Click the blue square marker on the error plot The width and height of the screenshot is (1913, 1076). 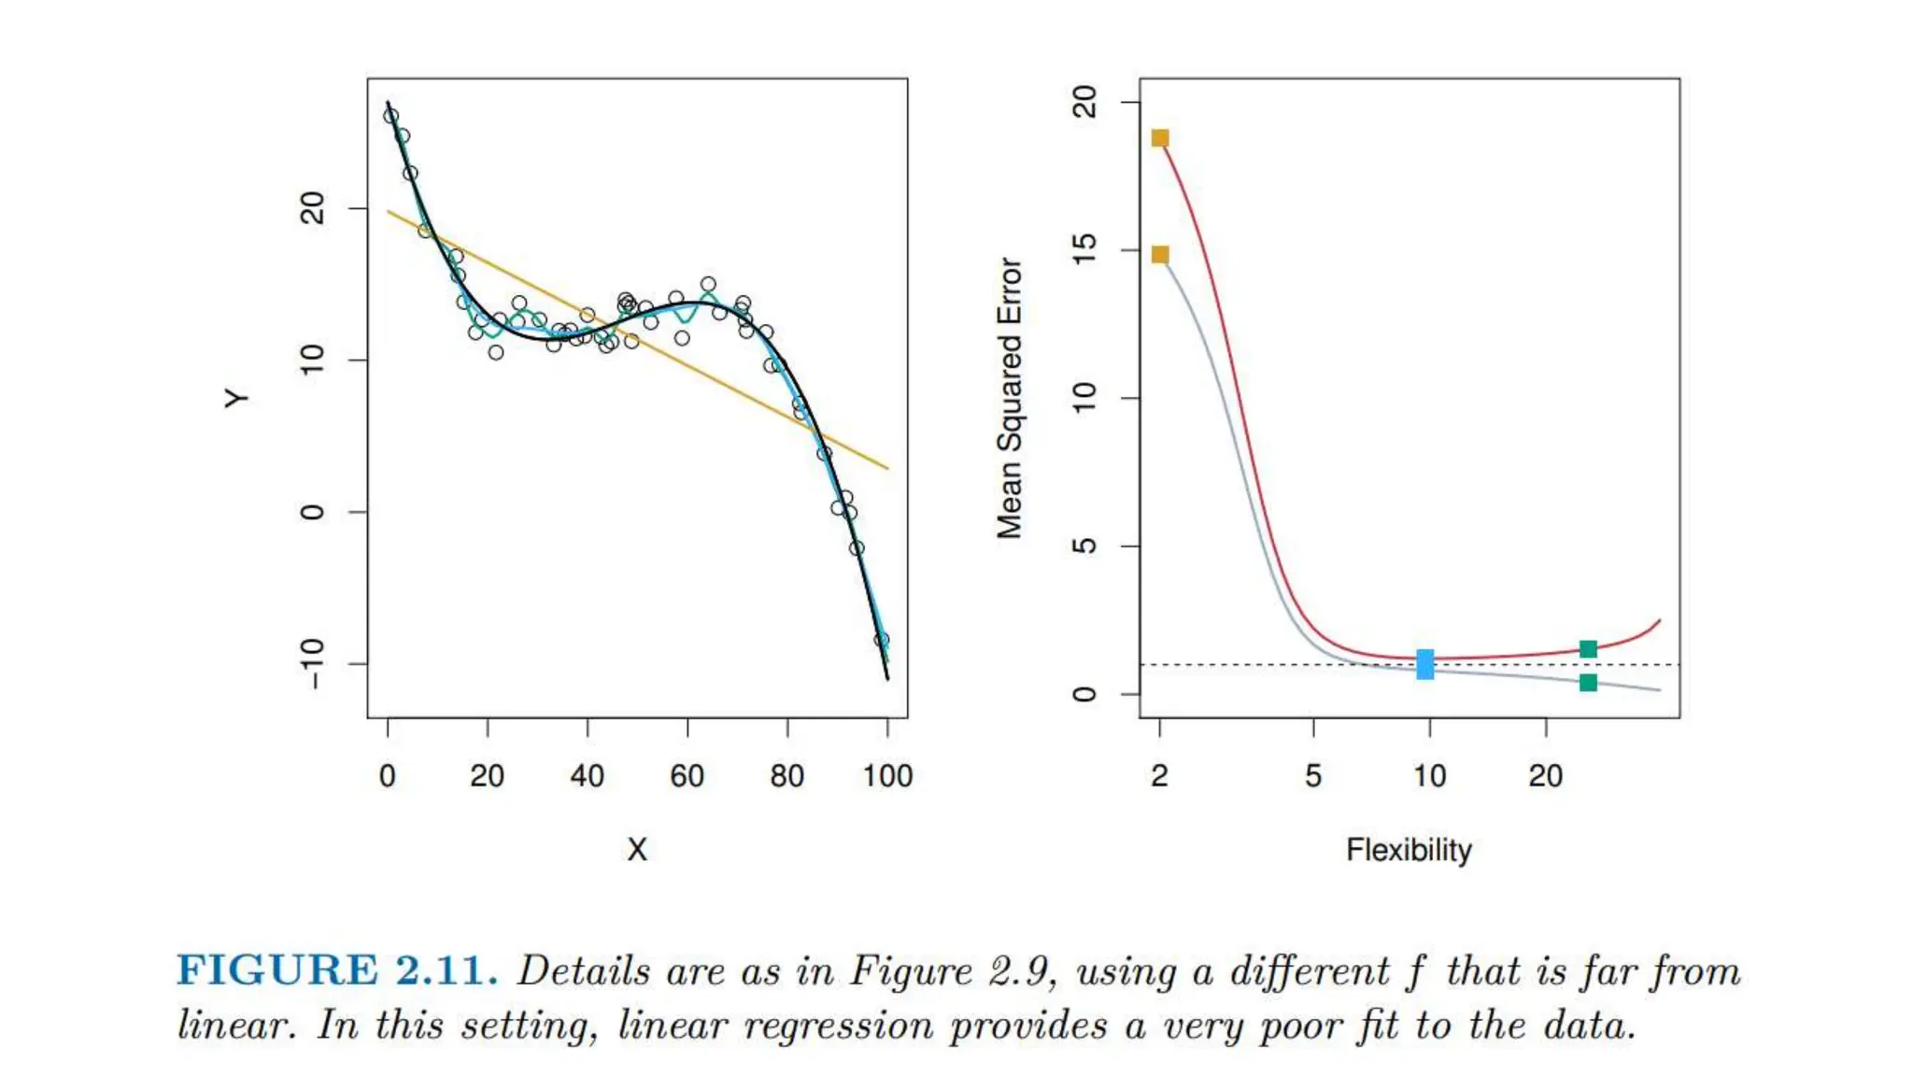[1424, 664]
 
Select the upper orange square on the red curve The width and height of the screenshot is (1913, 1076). [1160, 138]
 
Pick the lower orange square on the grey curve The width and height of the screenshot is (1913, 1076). [1160, 255]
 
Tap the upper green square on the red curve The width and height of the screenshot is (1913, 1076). [1588, 649]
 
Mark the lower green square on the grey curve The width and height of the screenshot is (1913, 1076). [1588, 683]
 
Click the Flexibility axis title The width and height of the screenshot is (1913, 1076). [1409, 850]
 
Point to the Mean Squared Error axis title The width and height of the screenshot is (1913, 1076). [1010, 399]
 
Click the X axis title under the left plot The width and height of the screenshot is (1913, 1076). [637, 850]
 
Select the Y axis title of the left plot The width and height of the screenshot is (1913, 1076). [237, 399]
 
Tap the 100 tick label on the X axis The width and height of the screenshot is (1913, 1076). [887, 776]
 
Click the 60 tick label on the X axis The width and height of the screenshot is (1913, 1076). [687, 776]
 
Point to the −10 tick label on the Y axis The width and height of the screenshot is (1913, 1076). [313, 663]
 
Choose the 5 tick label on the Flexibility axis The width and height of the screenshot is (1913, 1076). [1313, 776]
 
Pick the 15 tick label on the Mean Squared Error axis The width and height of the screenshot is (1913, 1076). [1084, 249]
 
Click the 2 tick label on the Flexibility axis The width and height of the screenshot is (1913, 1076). [1160, 776]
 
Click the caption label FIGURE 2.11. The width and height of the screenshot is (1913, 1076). [337, 970]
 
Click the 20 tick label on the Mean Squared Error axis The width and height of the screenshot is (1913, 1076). [1084, 102]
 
